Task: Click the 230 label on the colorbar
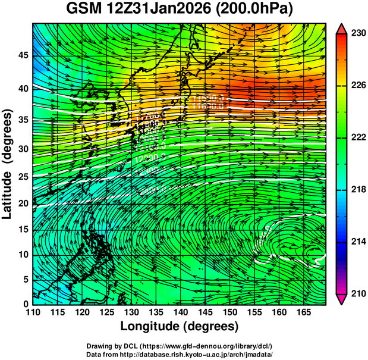coord(357,34)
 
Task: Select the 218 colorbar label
coord(357,189)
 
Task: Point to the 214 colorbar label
coord(357,242)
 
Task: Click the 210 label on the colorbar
coord(357,293)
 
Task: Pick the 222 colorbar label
coord(357,137)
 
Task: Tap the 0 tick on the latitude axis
coord(26,305)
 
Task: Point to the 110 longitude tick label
coord(33,312)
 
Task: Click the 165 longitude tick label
coord(301,312)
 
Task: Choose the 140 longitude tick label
coord(180,312)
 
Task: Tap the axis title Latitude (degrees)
coord(8,164)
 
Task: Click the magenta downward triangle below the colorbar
coord(341,299)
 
